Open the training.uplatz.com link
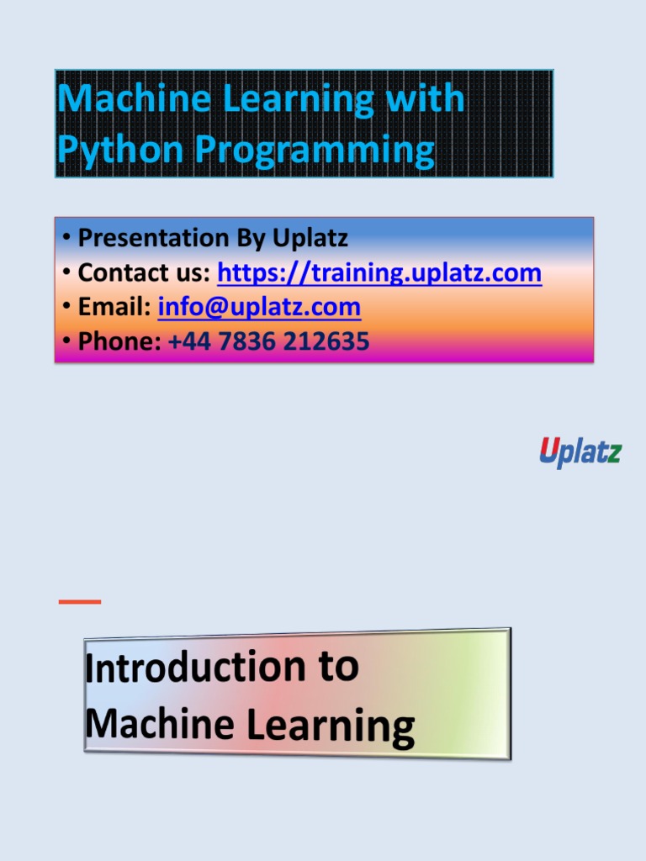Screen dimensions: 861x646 point(379,273)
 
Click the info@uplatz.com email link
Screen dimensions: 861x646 point(259,307)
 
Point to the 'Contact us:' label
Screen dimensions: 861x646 point(144,273)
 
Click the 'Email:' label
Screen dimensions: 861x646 point(114,307)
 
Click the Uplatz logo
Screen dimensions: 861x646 point(580,452)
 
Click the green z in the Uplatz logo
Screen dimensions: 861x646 point(614,452)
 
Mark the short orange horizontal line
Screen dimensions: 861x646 point(79,601)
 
